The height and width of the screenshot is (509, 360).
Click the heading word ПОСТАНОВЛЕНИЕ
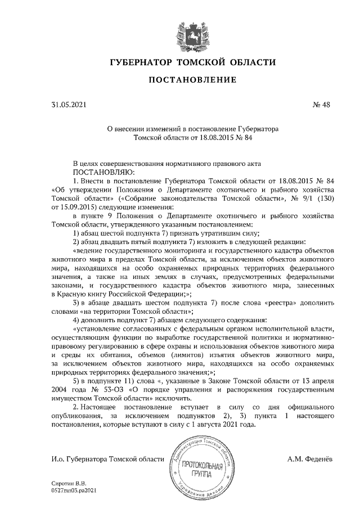click(x=192, y=80)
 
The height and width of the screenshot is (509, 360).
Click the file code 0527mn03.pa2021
click(x=74, y=490)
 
